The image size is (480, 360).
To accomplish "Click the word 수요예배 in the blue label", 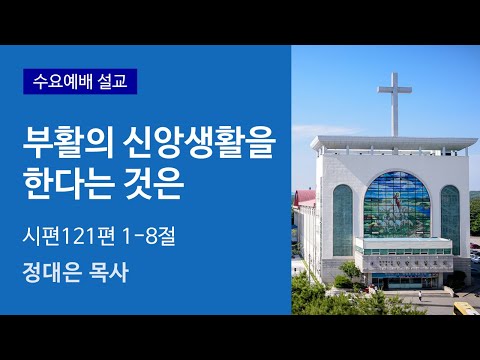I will point(63,79).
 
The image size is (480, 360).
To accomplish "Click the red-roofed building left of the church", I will point(307,206).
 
